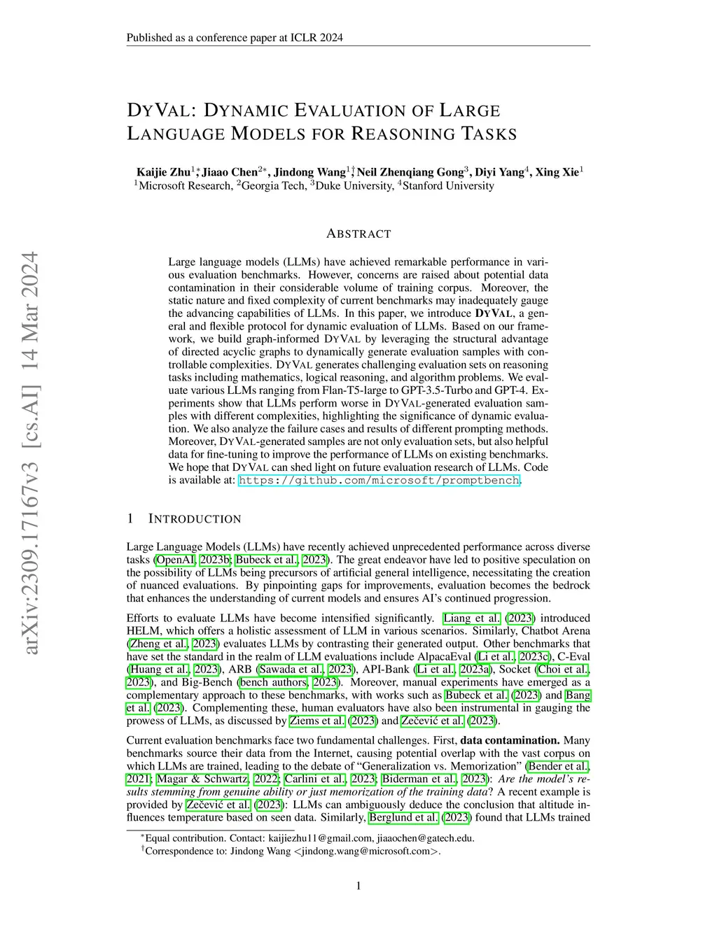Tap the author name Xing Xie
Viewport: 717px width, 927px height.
(x=557, y=172)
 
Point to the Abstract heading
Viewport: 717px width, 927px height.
(x=358, y=234)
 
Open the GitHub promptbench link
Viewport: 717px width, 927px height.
(x=379, y=481)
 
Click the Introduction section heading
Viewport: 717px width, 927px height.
(x=194, y=519)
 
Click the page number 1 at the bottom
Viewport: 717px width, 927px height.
(x=358, y=886)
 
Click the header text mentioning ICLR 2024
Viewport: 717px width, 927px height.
(x=235, y=38)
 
